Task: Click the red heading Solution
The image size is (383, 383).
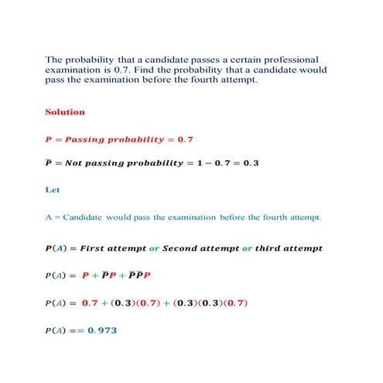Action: point(65,112)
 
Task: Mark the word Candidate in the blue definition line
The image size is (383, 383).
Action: point(87,217)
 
